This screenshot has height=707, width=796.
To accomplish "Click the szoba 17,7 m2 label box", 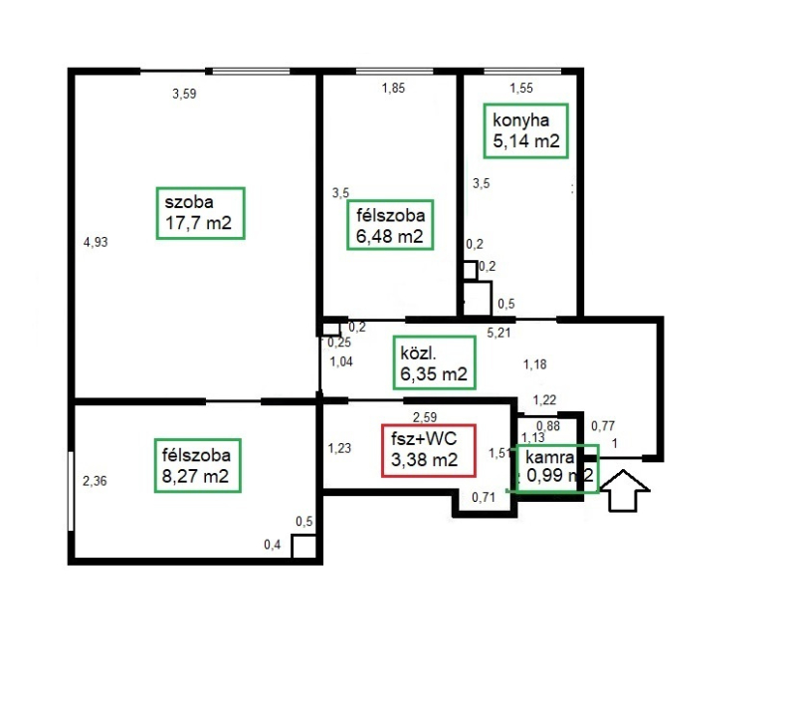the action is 201,213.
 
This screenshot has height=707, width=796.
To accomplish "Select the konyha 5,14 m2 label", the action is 525,131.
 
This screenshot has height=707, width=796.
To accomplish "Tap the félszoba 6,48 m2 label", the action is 390,225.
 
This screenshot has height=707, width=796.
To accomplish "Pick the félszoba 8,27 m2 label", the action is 197,466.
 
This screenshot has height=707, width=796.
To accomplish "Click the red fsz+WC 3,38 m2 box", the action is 429,451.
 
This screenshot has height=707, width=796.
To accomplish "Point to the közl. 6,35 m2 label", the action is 434,362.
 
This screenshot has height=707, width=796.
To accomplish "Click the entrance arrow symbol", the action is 624,490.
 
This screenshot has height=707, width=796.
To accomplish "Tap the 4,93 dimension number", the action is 96,242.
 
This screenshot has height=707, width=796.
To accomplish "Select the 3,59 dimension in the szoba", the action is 184,94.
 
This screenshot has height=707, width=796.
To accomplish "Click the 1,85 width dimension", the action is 393,89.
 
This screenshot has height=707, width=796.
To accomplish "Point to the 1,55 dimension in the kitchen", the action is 521,89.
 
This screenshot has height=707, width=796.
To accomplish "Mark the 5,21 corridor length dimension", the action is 498,334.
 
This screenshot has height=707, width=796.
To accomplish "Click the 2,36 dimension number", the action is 95,481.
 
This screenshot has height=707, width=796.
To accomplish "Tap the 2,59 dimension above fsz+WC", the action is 425,417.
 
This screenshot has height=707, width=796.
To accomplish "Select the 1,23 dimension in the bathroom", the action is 339,448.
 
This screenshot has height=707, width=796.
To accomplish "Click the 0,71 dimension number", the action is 484,497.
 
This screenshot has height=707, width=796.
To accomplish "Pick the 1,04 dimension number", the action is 341,361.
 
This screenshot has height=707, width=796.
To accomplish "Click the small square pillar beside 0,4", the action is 304,546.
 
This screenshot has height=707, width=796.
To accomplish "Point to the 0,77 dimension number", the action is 603,425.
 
